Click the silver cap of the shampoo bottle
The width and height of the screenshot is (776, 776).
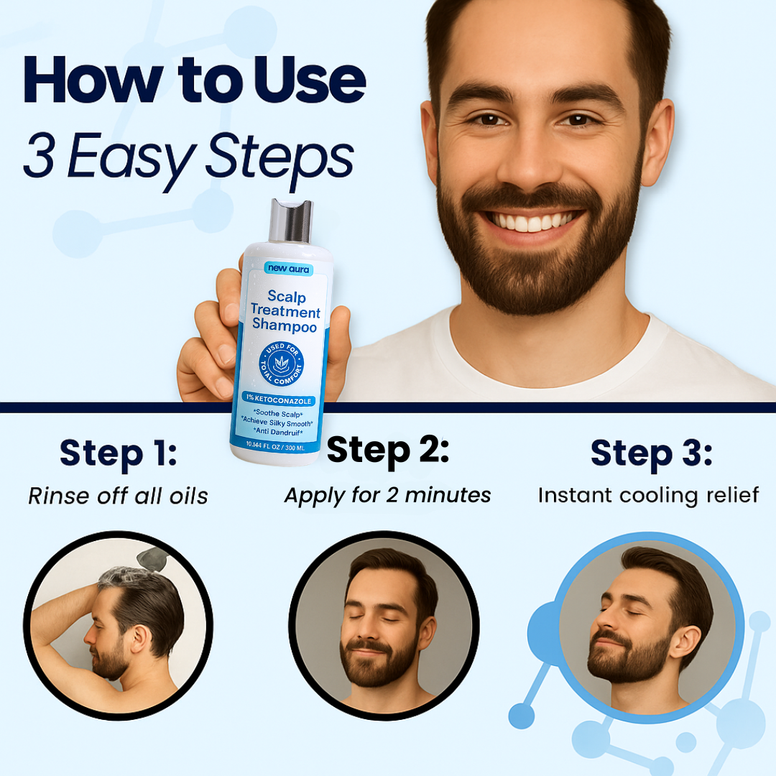[291, 221]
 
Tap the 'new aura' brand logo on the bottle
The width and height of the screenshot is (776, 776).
[289, 268]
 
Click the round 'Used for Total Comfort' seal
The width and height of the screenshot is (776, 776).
[281, 364]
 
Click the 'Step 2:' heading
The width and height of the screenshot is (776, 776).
[388, 451]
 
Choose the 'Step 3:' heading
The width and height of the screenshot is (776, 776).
[651, 453]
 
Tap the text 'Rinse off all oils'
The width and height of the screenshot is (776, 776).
[118, 496]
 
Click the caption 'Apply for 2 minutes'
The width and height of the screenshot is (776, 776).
[387, 496]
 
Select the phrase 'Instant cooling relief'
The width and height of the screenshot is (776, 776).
[648, 495]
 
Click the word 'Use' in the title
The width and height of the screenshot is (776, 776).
[310, 80]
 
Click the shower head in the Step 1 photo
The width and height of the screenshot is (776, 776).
[152, 559]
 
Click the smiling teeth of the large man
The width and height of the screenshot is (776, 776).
[530, 221]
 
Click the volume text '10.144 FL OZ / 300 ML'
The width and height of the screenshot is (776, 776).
[275, 446]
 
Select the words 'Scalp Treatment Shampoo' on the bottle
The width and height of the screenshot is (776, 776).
[285, 311]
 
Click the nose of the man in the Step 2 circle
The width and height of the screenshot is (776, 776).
[368, 632]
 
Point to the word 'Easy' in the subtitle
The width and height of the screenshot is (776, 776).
[131, 158]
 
